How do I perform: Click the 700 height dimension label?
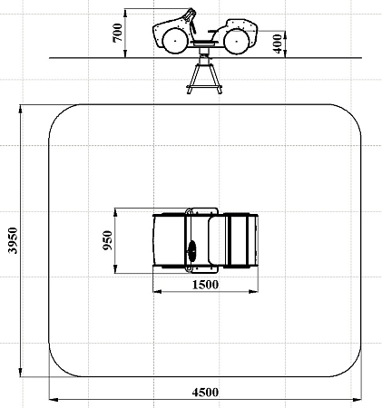118,33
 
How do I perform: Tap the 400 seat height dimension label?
278,44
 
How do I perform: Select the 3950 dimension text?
13,240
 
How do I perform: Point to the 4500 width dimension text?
205,393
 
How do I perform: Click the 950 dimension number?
107,240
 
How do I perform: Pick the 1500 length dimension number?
205,285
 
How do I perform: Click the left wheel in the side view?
175,41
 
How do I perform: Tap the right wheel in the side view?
237,41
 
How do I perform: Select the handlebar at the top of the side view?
190,15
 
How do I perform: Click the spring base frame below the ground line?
204,76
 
